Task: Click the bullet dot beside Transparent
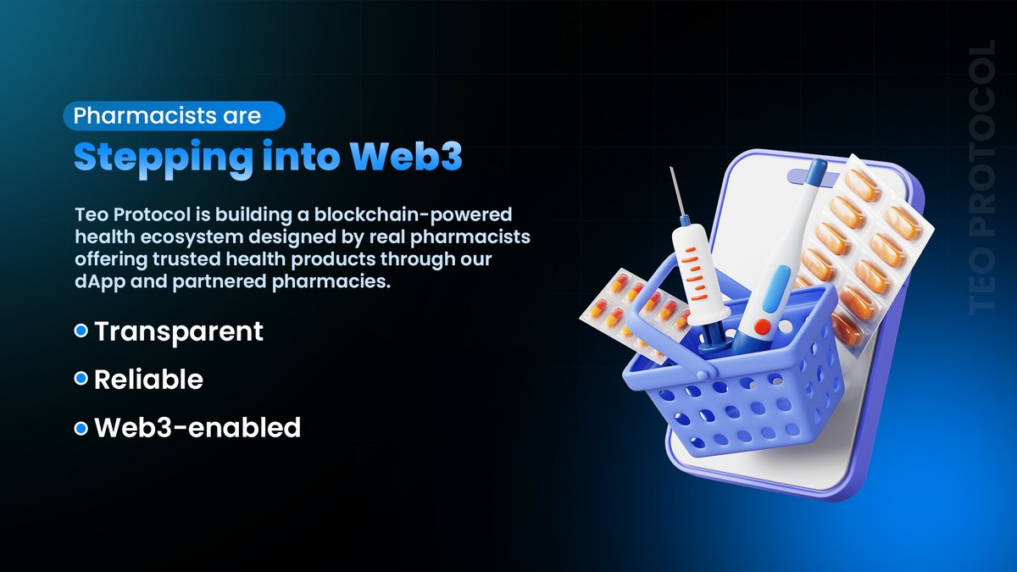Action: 81,331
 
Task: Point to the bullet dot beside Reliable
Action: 81,380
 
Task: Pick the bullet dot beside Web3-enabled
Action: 81,428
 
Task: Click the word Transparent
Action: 179,331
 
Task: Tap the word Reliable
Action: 148,380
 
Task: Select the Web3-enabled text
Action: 197,428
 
